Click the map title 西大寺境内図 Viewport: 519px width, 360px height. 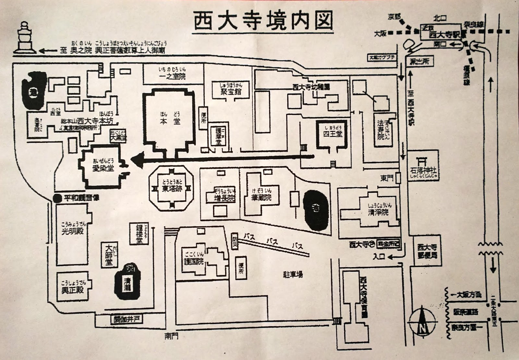(x=263, y=21)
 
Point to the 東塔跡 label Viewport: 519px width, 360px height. (x=172, y=189)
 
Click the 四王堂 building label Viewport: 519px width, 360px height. (x=332, y=133)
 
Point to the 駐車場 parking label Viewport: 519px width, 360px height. (x=292, y=275)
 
